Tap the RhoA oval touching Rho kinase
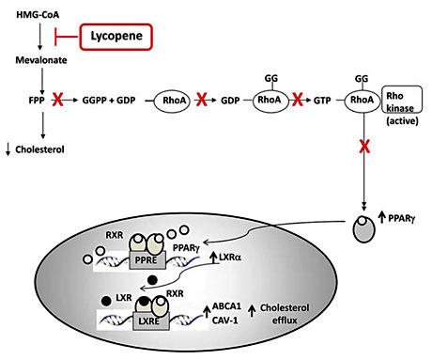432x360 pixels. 363,100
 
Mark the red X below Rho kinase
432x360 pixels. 363,148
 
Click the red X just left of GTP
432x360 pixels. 301,100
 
